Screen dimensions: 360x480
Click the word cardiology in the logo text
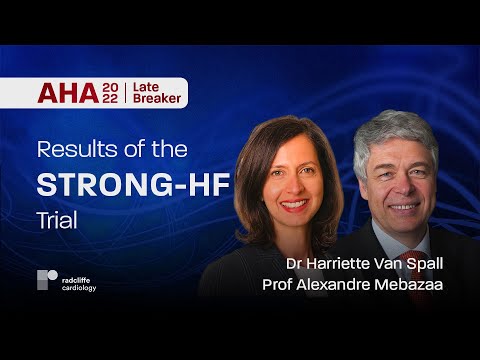click(x=79, y=286)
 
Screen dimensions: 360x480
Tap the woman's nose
click(x=294, y=185)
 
